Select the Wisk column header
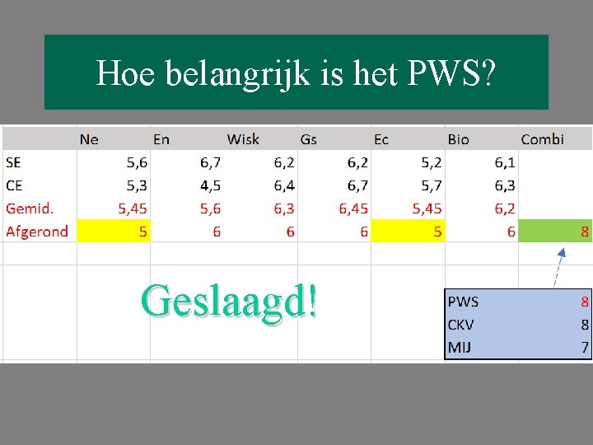tap(243, 139)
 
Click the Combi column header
tap(542, 139)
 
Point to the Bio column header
tap(458, 139)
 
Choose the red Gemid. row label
tap(30, 208)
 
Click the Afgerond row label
tap(37, 232)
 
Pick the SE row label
tap(14, 162)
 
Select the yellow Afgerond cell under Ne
tap(113, 232)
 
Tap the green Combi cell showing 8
tap(555, 232)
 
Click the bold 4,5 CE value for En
tap(210, 185)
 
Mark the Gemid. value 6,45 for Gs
tap(353, 208)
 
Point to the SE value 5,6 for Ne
tap(137, 162)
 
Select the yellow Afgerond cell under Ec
tap(408, 232)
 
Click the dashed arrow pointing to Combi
tap(558, 267)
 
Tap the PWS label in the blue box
tap(464, 302)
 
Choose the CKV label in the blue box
tap(462, 325)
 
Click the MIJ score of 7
tap(585, 348)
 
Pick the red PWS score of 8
tap(585, 302)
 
